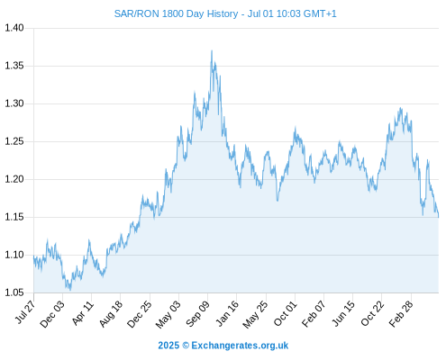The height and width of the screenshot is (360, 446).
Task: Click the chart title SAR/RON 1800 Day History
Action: pyautogui.click(x=176, y=13)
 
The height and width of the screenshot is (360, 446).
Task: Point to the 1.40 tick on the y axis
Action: pyautogui.click(x=14, y=28)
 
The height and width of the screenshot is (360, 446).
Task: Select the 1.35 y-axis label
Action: pyautogui.click(x=14, y=66)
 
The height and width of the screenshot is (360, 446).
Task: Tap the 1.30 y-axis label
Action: pyautogui.click(x=14, y=103)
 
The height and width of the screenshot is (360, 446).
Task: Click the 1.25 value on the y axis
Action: pyautogui.click(x=14, y=141)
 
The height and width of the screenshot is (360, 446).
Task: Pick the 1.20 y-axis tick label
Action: pyautogui.click(x=14, y=179)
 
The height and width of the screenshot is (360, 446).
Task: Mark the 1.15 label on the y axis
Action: pyautogui.click(x=14, y=217)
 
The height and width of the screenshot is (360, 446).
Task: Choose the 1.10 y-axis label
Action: pyautogui.click(x=14, y=255)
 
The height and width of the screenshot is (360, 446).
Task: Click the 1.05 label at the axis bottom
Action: pyautogui.click(x=14, y=292)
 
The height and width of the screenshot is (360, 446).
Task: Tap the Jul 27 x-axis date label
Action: pyautogui.click(x=25, y=311)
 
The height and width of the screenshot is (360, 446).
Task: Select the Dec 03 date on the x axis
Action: pyautogui.click(x=52, y=314)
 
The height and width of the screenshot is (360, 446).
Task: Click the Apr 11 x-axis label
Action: pyautogui.click(x=83, y=313)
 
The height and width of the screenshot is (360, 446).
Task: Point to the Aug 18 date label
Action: pyautogui.click(x=111, y=314)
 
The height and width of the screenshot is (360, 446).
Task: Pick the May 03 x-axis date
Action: pyautogui.click(x=168, y=314)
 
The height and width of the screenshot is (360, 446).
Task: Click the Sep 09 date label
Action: pyautogui.click(x=197, y=314)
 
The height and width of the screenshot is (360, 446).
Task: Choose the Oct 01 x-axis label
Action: pyautogui.click(x=285, y=313)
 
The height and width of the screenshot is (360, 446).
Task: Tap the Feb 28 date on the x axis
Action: pyautogui.click(x=401, y=314)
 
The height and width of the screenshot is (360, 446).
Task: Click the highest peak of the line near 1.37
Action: pyautogui.click(x=212, y=50)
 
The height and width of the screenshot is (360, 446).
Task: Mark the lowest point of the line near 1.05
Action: pyautogui.click(x=70, y=290)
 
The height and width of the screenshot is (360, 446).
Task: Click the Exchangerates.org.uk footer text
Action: pyautogui.click(x=240, y=346)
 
